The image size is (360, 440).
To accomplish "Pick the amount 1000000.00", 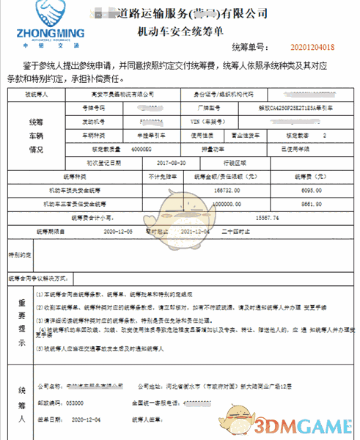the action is tap(224, 203).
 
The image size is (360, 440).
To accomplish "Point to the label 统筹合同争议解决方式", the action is tap(37, 279).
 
